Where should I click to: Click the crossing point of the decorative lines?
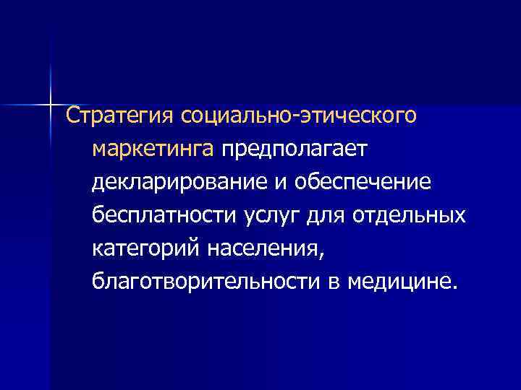[51, 104]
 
